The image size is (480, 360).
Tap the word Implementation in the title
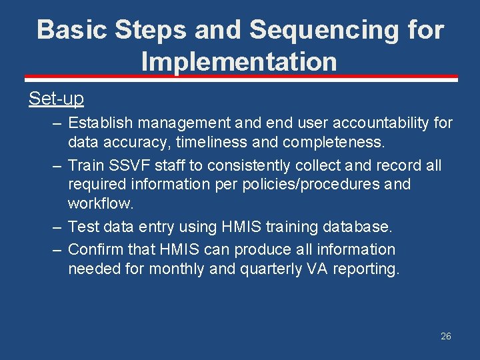pos(239,61)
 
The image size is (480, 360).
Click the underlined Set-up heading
pos(56,99)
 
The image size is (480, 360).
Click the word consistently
pos(236,165)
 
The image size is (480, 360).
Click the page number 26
pos(446,336)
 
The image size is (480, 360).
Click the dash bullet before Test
pos(56,227)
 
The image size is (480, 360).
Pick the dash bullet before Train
pos(56,165)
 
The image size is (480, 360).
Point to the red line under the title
pos(240,79)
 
